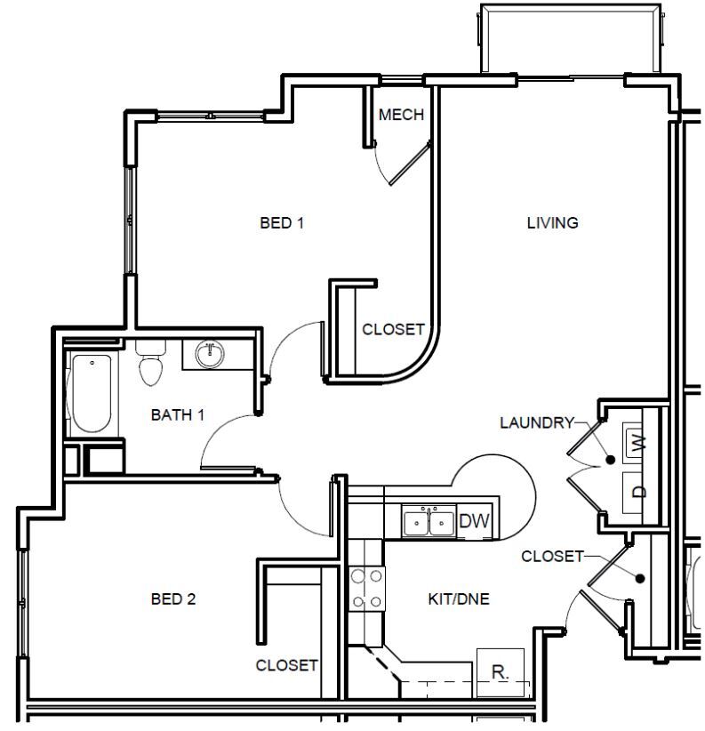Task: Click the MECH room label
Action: (x=401, y=116)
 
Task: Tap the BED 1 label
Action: (x=282, y=223)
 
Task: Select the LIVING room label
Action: (x=552, y=223)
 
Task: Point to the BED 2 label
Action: (x=172, y=599)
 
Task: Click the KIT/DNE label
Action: (x=459, y=599)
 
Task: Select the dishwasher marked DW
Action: (x=474, y=522)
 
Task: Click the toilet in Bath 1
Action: (x=151, y=365)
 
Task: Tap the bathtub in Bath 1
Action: (x=90, y=393)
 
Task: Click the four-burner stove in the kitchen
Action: (x=366, y=589)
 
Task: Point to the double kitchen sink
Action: (x=428, y=523)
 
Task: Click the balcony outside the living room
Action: (x=571, y=38)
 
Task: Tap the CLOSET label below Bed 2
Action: (x=286, y=665)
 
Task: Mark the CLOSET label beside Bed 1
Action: (x=393, y=330)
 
